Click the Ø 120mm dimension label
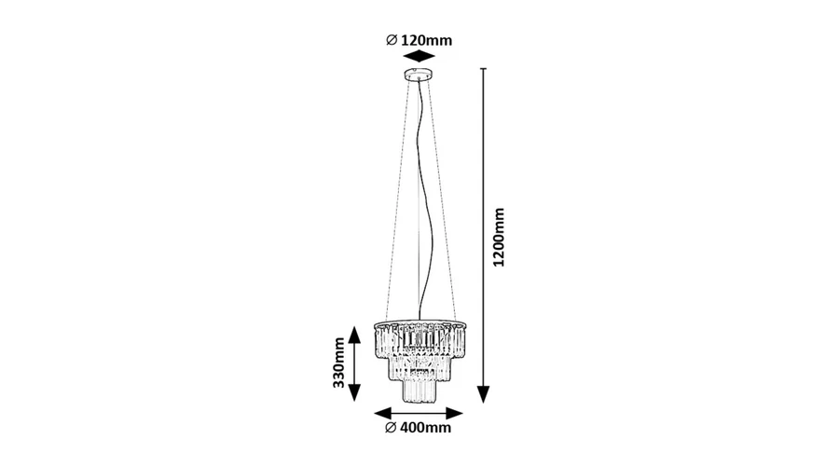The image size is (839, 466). click(419, 40)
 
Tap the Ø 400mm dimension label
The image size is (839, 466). click(419, 428)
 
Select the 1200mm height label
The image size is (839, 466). click(499, 237)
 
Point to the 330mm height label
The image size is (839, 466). click(338, 363)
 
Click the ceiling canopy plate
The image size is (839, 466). click(419, 75)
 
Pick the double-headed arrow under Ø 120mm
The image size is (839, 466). click(419, 57)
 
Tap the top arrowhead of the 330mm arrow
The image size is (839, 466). click(354, 335)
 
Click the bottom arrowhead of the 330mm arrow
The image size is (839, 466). click(354, 392)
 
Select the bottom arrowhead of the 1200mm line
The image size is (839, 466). click(484, 394)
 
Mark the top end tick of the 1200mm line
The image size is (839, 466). click(484, 69)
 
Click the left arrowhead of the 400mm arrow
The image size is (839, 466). click(383, 413)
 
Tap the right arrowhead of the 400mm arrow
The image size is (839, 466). click(454, 413)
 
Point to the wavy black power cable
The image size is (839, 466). click(424, 203)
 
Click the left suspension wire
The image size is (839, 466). click(397, 200)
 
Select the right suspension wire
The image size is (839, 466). click(442, 200)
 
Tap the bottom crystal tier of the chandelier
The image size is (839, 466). click(420, 390)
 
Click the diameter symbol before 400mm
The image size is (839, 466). click(391, 428)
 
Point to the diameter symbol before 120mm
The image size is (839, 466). click(392, 40)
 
